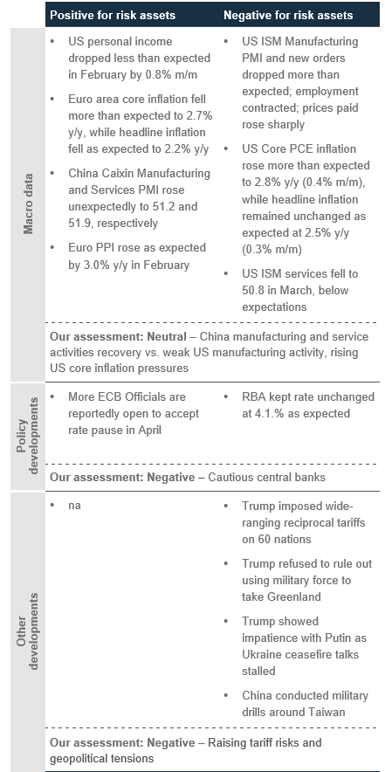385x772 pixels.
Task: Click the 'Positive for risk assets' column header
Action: click(x=113, y=15)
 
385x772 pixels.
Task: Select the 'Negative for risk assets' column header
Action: click(x=288, y=15)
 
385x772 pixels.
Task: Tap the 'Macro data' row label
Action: click(x=28, y=203)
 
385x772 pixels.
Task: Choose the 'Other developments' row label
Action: click(x=28, y=631)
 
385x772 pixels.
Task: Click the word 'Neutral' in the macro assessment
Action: click(x=167, y=337)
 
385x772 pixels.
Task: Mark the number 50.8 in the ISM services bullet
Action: click(x=252, y=290)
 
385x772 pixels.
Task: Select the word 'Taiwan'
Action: click(x=328, y=712)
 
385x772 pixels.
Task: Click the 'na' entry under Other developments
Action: click(x=74, y=505)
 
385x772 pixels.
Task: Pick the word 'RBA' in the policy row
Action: click(x=253, y=396)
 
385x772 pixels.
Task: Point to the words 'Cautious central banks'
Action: click(x=266, y=477)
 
